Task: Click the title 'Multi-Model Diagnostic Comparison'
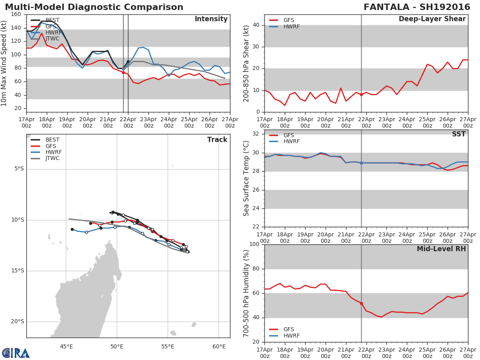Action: pyautogui.click(x=94, y=7)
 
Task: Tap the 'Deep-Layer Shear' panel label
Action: pyautogui.click(x=432, y=19)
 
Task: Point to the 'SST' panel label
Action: pyautogui.click(x=458, y=134)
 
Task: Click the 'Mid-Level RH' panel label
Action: pyautogui.click(x=441, y=249)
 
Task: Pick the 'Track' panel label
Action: pyautogui.click(x=217, y=140)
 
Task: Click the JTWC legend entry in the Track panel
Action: pyautogui.click(x=52, y=158)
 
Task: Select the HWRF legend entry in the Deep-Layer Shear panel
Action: pyautogui.click(x=291, y=26)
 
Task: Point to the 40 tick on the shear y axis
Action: pyautogui.click(x=257, y=25)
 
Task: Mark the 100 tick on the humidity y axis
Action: pyautogui.click(x=254, y=244)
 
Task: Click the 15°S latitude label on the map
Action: pyautogui.click(x=17, y=271)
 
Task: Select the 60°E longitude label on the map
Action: pyautogui.click(x=219, y=346)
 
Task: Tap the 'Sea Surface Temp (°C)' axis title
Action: pyautogui.click(x=246, y=178)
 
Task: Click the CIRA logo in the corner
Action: pyautogui.click(x=16, y=353)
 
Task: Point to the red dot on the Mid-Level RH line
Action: pyautogui.click(x=361, y=303)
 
